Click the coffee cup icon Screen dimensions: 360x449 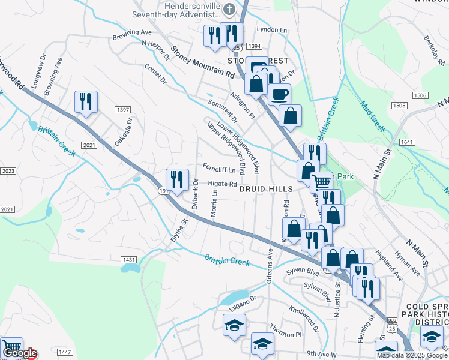pyautogui.click(x=279, y=94)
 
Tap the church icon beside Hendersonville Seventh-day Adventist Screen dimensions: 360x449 pyautogui.click(x=229, y=8)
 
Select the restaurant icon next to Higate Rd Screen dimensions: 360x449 pyautogui.click(x=178, y=180)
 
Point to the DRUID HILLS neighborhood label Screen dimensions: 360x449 pyautogui.click(x=266, y=188)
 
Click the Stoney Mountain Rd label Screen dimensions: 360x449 pyautogui.click(x=202, y=63)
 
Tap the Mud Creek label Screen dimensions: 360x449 pyautogui.click(x=372, y=116)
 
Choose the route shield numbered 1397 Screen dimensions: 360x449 pyautogui.click(x=123, y=109)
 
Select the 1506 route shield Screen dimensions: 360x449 pyautogui.click(x=420, y=95)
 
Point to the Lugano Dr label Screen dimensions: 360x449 pyautogui.click(x=244, y=307)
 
